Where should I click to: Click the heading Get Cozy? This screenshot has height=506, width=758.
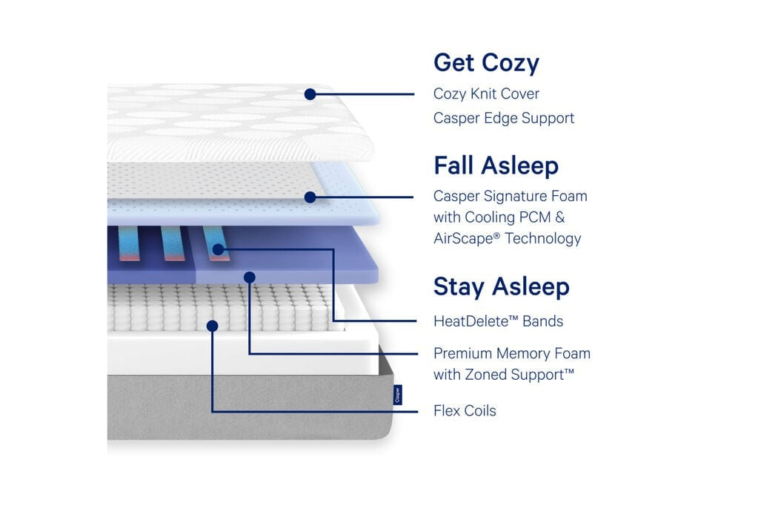point(486,63)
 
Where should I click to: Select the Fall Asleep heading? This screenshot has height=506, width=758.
point(496,165)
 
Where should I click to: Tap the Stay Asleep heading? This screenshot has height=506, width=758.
point(502,286)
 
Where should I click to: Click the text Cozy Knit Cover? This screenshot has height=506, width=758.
point(486,93)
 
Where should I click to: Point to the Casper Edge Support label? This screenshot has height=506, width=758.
point(504,118)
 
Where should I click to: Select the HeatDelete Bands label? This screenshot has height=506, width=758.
point(498,321)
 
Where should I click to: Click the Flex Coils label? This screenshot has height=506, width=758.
point(465,410)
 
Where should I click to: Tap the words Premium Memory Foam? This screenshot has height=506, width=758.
point(511,353)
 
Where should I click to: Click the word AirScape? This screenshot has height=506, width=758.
point(467,238)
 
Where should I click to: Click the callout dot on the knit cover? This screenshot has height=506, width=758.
point(310,94)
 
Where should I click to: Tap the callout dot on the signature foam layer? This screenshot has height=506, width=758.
point(310,197)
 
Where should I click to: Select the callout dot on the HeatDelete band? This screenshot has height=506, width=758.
point(218,249)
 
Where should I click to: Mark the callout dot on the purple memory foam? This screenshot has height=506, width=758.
point(250,277)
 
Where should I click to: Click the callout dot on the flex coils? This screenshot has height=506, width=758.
point(212,326)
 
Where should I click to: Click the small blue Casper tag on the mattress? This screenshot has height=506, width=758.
point(397,395)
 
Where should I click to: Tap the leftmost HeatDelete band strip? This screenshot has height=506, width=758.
point(128,243)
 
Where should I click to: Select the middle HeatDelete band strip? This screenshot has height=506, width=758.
point(172,243)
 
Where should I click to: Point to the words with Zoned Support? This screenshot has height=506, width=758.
point(503,375)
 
